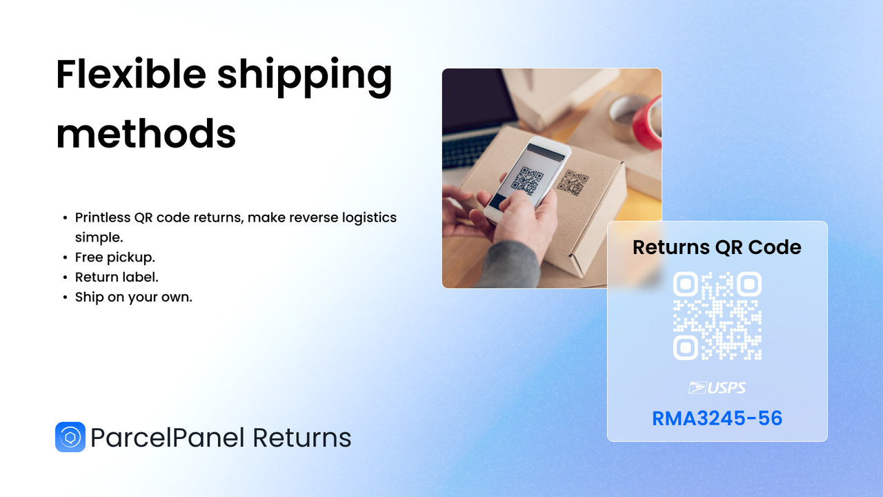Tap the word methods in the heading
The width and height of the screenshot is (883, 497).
point(146,133)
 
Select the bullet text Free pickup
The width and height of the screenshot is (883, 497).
point(115,257)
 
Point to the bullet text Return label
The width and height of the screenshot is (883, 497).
point(117,277)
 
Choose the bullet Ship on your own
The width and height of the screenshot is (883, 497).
point(134,298)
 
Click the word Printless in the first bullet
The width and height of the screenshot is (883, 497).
point(103,217)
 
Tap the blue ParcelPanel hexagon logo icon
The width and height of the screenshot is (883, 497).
point(70,437)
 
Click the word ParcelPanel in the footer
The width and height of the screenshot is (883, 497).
point(168,438)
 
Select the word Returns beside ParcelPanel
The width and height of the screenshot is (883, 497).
point(301,438)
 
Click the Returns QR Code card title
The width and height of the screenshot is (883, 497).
point(717,247)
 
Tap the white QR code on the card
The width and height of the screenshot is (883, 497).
point(717,315)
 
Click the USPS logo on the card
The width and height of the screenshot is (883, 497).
point(717,388)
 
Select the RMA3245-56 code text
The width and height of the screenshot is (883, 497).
point(717,418)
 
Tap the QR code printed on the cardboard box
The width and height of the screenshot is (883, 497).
point(573,183)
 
